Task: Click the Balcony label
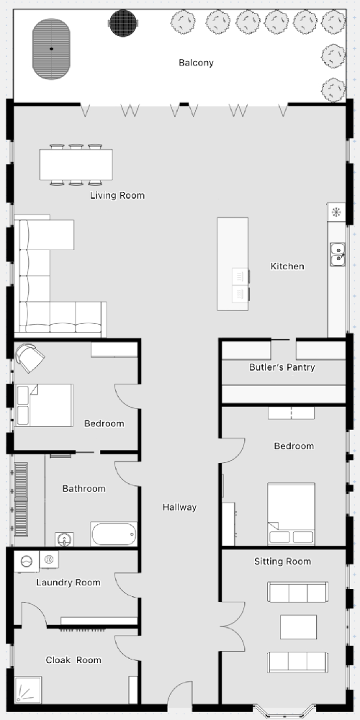point(196,63)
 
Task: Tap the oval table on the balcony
point(51,49)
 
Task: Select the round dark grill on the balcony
point(123,22)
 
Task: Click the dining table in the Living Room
point(76,164)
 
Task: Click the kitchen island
point(233,264)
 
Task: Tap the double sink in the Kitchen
point(338,254)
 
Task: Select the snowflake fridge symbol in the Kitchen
point(336,212)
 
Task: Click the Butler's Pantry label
point(282,367)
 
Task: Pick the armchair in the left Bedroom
point(29,357)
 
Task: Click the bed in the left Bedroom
point(44,405)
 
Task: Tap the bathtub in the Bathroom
point(114,534)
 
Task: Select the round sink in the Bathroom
point(64,539)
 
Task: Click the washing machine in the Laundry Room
point(26,561)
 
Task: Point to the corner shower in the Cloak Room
point(27,690)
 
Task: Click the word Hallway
point(179,508)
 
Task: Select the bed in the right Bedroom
point(291,514)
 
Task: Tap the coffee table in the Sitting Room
point(299,627)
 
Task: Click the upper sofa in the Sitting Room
point(298,592)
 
